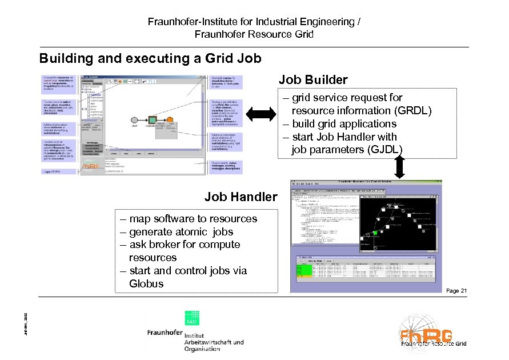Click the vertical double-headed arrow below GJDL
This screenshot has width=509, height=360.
tap(399, 167)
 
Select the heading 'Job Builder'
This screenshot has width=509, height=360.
tap(312, 80)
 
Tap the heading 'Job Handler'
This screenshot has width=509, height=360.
tap(241, 197)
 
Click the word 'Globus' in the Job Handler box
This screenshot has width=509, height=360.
tap(146, 283)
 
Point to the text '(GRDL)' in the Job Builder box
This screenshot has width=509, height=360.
tap(411, 110)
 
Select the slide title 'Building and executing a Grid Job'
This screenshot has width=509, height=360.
tap(150, 58)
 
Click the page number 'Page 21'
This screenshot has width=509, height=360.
tap(456, 291)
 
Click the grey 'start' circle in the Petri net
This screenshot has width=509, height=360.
tap(135, 119)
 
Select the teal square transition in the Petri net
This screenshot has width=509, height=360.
tap(153, 119)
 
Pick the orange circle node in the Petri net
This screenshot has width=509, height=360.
tap(170, 119)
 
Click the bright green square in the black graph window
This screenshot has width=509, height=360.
tap(375, 233)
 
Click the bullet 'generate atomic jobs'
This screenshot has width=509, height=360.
tap(181, 231)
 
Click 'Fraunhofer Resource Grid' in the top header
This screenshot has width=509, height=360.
tap(254, 34)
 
